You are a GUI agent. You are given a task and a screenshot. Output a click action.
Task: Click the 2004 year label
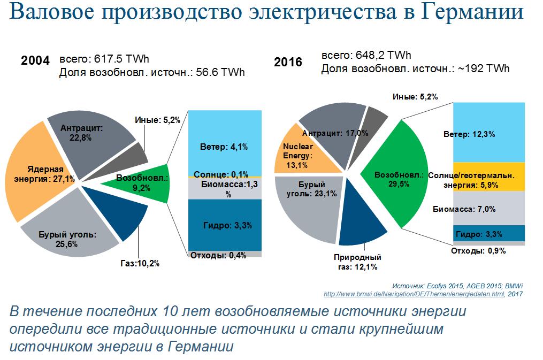click(x=35, y=60)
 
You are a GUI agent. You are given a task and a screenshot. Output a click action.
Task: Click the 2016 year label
click(x=288, y=62)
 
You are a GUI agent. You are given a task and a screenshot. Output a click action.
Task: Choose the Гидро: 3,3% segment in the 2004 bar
click(x=224, y=225)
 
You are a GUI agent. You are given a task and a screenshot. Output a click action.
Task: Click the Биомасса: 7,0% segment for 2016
click(x=489, y=209)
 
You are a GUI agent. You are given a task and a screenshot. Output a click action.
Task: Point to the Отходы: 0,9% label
click(x=478, y=251)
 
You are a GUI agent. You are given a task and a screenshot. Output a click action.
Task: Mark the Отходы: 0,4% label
click(x=218, y=255)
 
